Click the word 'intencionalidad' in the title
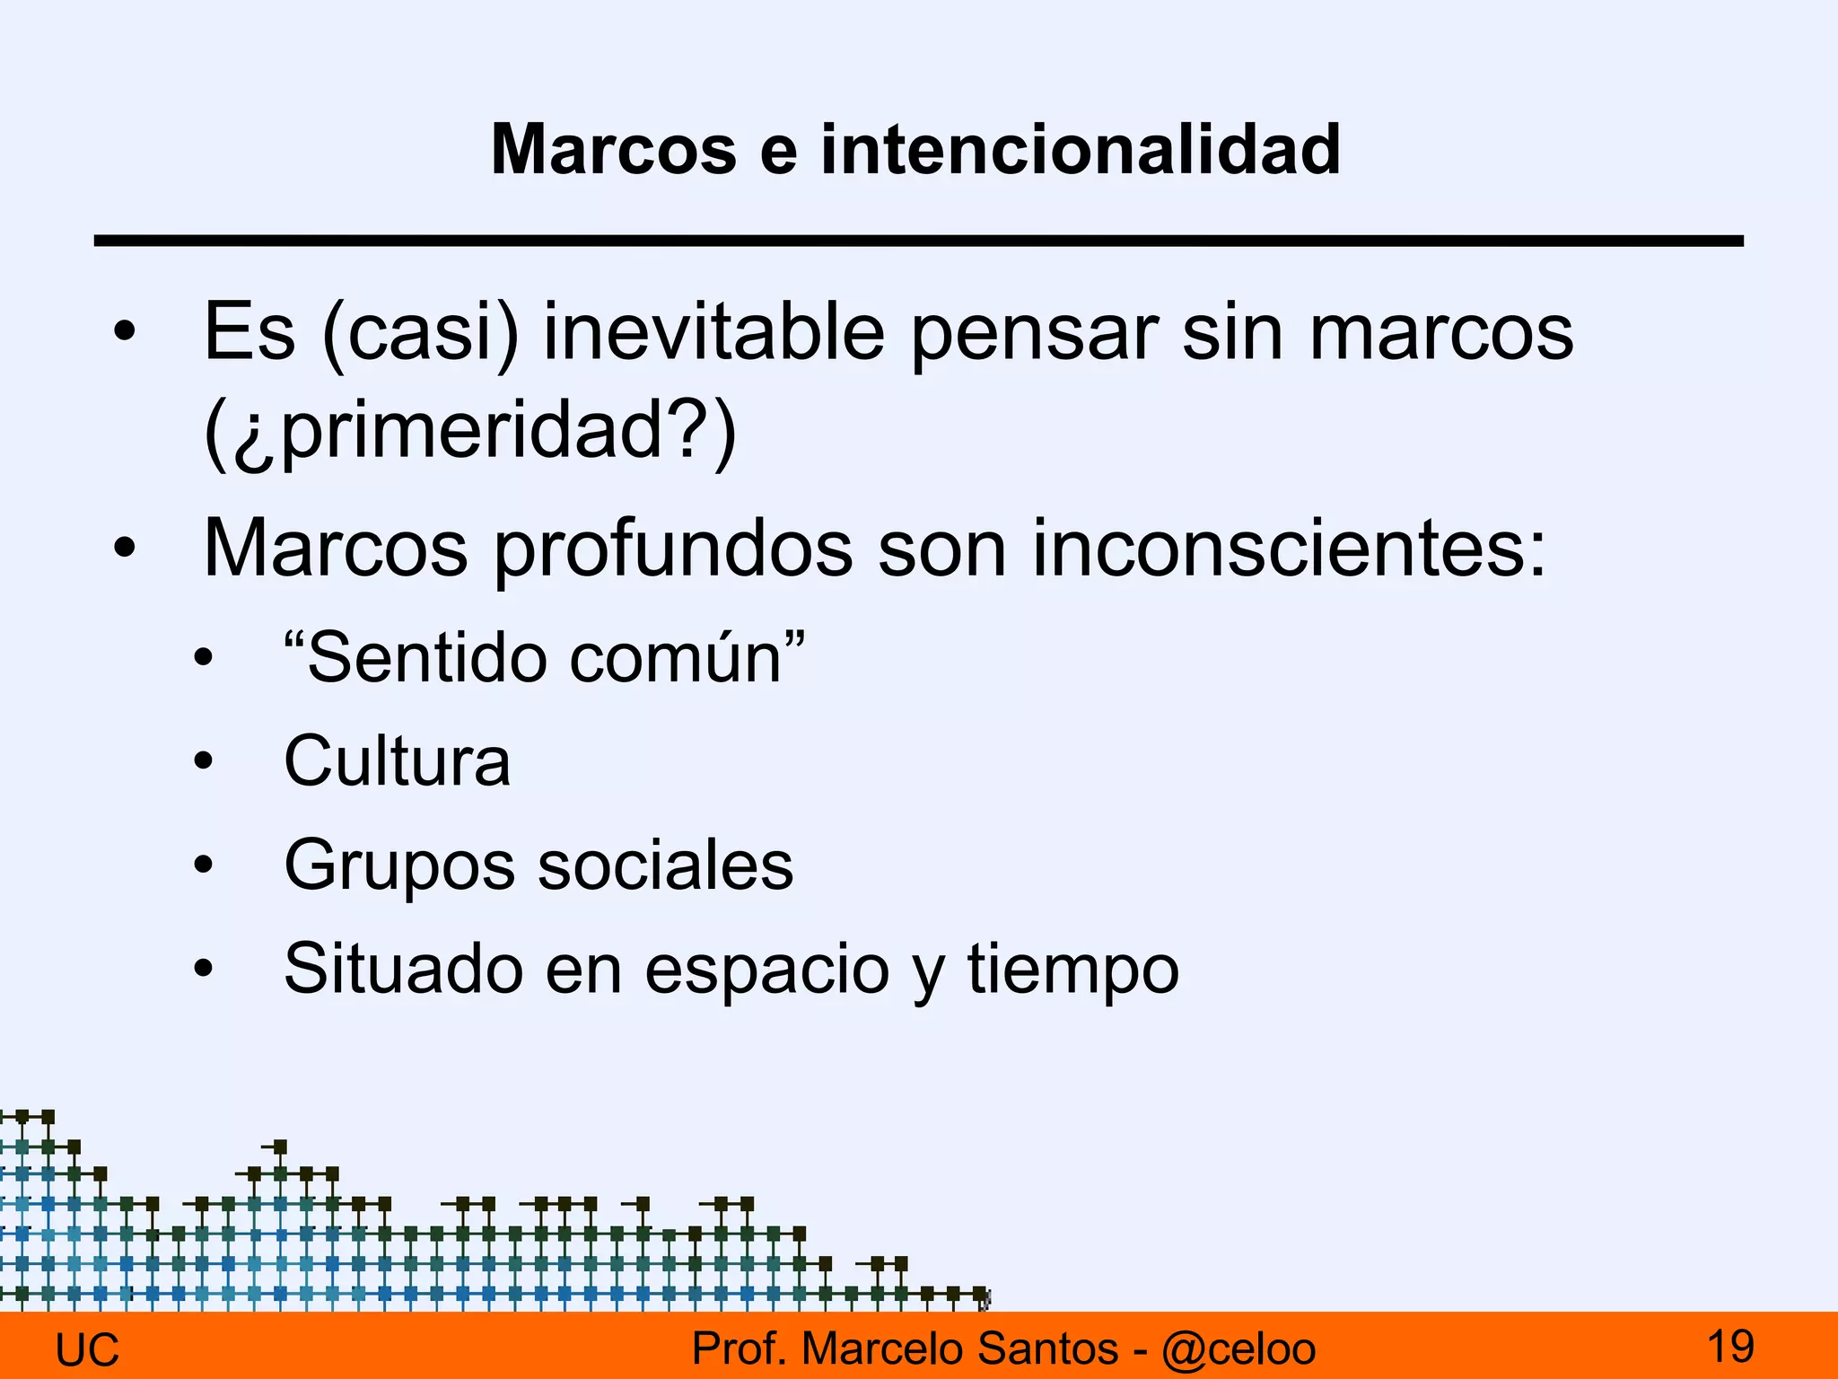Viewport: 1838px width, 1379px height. click(1081, 149)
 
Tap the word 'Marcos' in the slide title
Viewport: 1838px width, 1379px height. click(614, 149)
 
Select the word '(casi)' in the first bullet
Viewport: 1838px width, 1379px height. click(420, 333)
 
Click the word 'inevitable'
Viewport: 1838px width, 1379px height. click(714, 333)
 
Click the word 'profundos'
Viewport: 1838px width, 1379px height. click(673, 550)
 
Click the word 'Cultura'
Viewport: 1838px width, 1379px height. click(397, 761)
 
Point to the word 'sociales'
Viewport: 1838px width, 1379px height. click(664, 865)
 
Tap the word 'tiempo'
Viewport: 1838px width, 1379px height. click(1072, 971)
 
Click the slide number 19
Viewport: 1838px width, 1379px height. click(1729, 1346)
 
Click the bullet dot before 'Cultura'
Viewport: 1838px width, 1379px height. click(204, 761)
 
